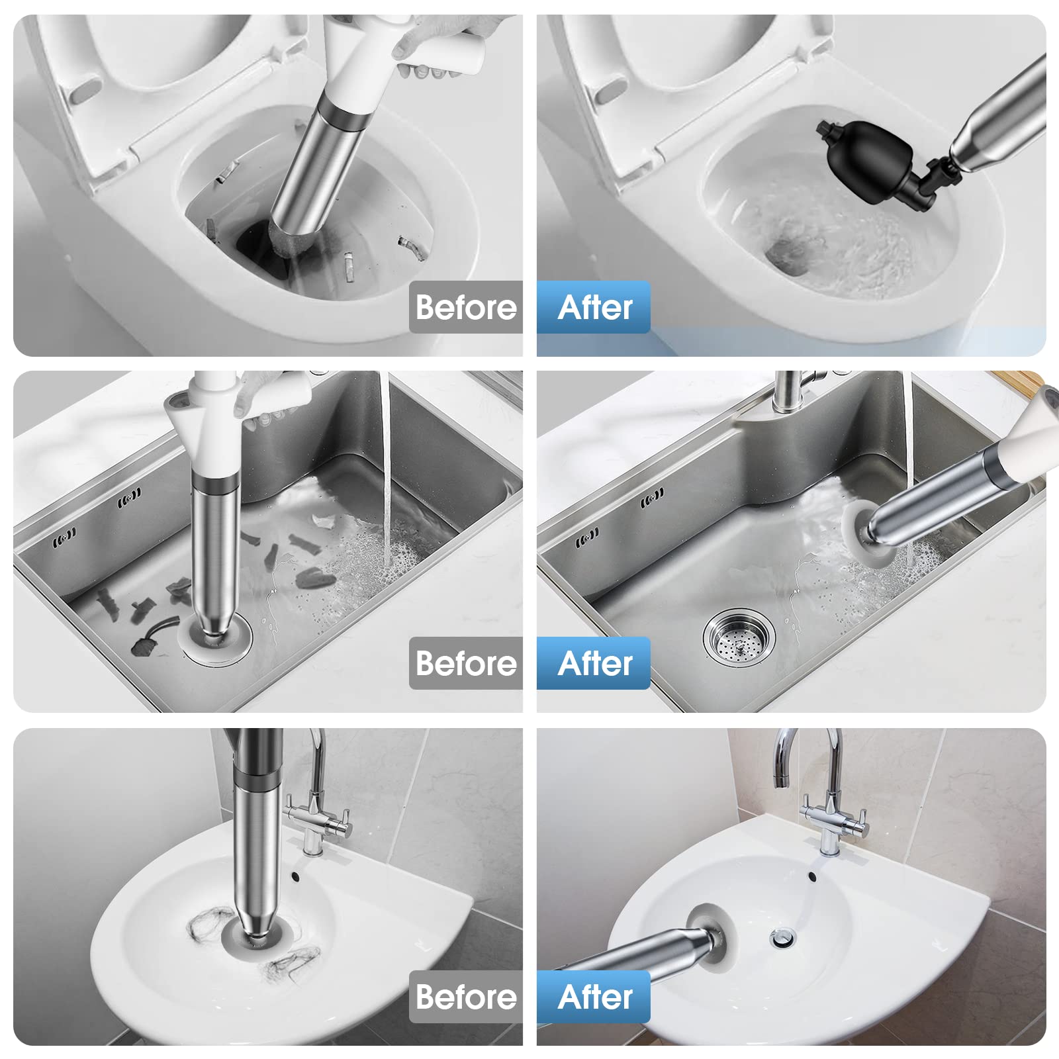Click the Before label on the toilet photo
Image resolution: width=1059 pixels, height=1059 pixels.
(466, 307)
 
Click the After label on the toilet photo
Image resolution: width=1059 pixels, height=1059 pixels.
(594, 307)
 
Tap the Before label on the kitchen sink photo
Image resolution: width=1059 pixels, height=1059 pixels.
(466, 663)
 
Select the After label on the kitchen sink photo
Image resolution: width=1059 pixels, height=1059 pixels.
(594, 663)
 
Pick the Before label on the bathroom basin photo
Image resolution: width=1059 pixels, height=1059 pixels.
(466, 997)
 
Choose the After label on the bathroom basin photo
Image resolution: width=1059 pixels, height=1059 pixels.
(594, 997)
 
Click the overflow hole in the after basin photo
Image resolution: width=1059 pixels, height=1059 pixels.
(811, 877)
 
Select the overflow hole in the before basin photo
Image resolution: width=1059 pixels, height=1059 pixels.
(295, 877)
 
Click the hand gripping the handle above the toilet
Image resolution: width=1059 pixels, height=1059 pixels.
(437, 46)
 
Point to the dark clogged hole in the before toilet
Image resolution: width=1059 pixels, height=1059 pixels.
(255, 242)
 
